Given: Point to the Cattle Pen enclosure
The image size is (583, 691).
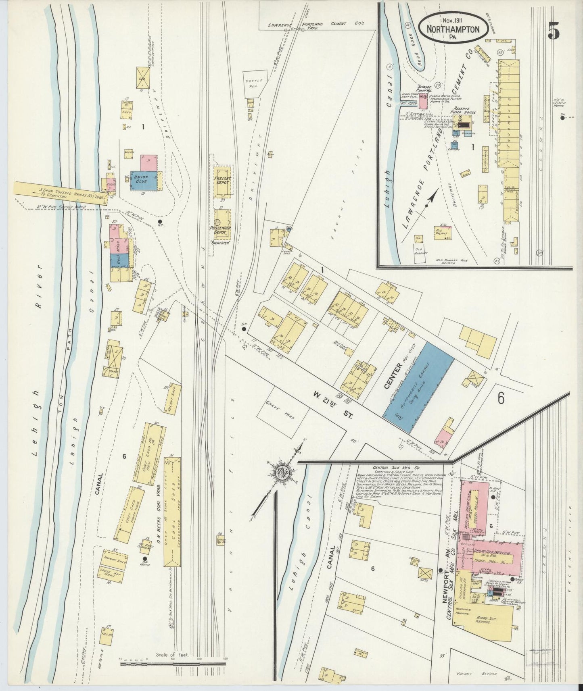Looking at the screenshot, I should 254,83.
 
